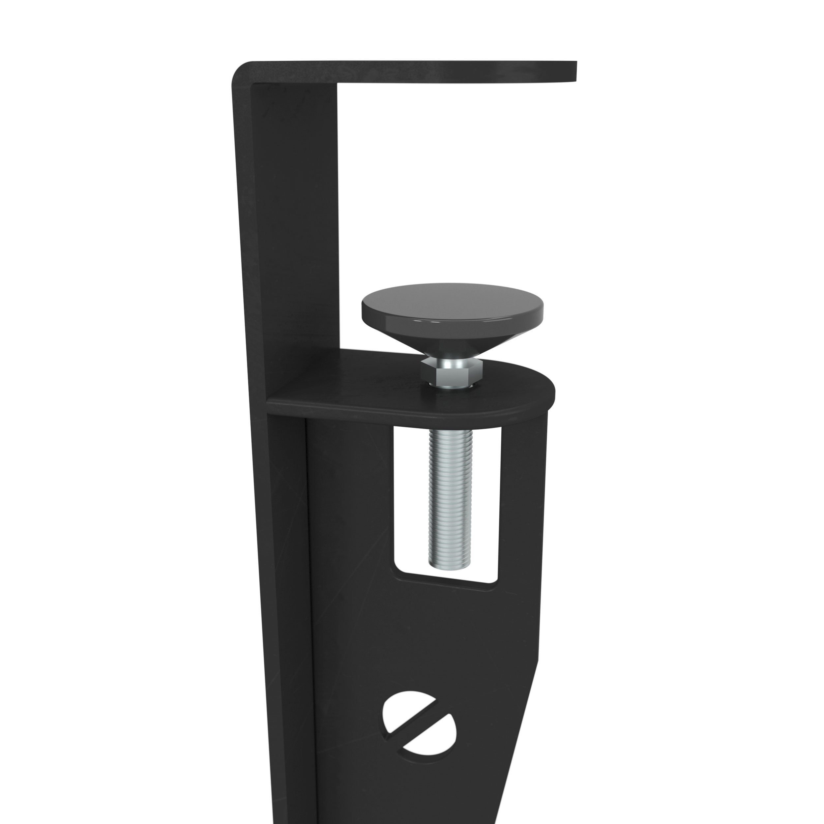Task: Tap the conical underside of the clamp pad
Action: point(452,337)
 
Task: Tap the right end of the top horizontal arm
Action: point(573,71)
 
